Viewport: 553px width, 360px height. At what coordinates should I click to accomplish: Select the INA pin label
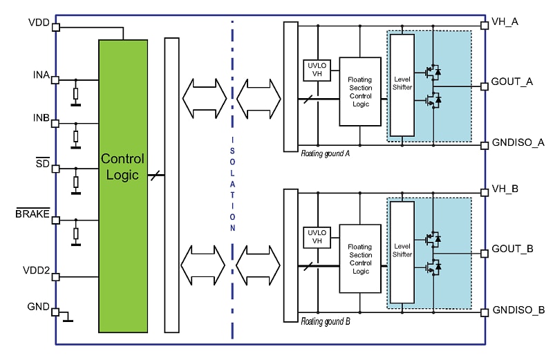(x=41, y=74)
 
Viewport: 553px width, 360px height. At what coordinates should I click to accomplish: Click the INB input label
(x=41, y=118)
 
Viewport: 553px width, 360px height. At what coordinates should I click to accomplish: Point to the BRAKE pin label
(x=32, y=214)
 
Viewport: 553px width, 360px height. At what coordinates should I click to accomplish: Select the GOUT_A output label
(x=512, y=81)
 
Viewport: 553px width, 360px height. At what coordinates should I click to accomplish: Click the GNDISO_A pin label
(x=518, y=142)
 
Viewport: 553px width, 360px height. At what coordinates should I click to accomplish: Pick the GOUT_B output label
(x=512, y=247)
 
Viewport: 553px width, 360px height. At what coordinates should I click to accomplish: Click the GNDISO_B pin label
(x=518, y=310)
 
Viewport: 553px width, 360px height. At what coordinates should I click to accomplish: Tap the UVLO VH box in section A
(x=317, y=70)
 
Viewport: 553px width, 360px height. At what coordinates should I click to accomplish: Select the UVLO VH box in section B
(x=317, y=236)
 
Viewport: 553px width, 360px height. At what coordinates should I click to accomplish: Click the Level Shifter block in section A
(x=402, y=87)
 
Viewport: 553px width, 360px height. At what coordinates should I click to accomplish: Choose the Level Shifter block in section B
(x=402, y=250)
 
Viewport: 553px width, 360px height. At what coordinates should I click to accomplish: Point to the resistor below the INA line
(x=76, y=93)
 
